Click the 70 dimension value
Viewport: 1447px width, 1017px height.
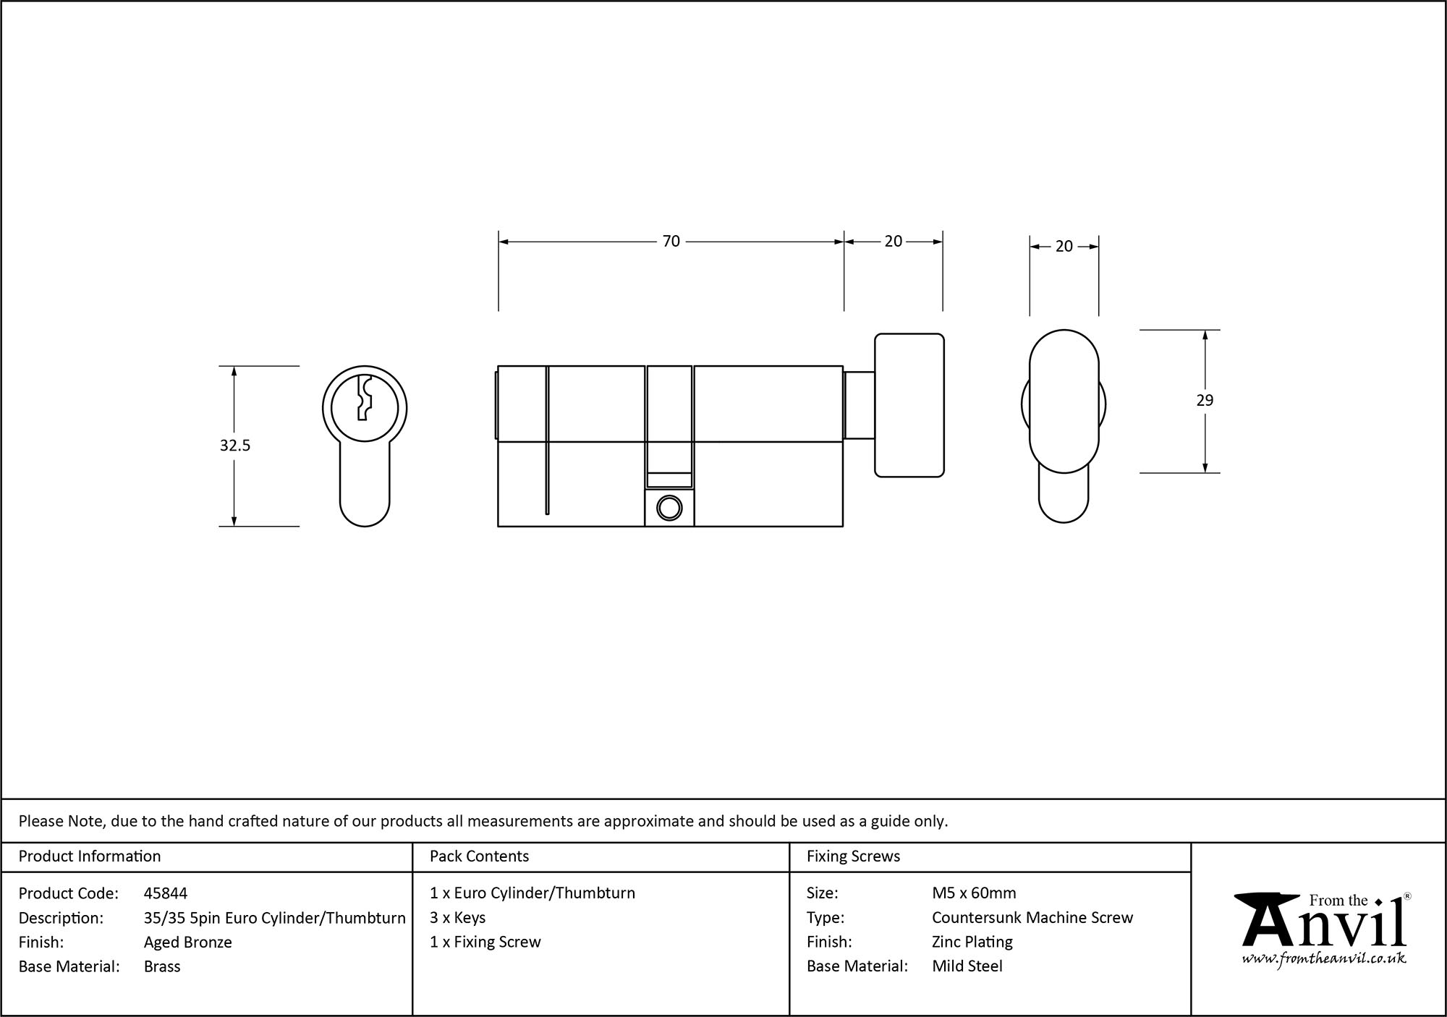point(671,241)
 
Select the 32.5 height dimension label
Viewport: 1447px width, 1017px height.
point(234,446)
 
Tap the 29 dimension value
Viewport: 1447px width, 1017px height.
point(1205,400)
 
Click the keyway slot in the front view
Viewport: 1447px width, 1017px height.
point(364,398)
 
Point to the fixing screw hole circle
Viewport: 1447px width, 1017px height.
point(669,508)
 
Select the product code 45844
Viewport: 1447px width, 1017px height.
point(166,893)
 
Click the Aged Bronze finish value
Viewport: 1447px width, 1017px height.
point(187,942)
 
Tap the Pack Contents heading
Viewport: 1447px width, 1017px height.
point(479,856)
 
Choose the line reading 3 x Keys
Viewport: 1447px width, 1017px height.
point(457,917)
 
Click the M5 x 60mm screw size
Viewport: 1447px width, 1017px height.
point(974,893)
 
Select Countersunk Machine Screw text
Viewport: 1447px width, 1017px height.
point(1032,917)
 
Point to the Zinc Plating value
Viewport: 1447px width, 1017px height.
point(972,942)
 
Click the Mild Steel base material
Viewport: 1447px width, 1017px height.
point(967,966)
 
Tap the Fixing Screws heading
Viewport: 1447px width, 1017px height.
point(853,856)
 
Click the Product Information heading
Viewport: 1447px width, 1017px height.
point(90,856)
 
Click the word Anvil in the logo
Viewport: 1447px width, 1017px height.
point(1324,926)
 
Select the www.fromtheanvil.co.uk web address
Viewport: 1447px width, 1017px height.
point(1324,958)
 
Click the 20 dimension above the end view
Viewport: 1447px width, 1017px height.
point(1064,247)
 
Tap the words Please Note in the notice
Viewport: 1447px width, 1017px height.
point(62,821)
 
